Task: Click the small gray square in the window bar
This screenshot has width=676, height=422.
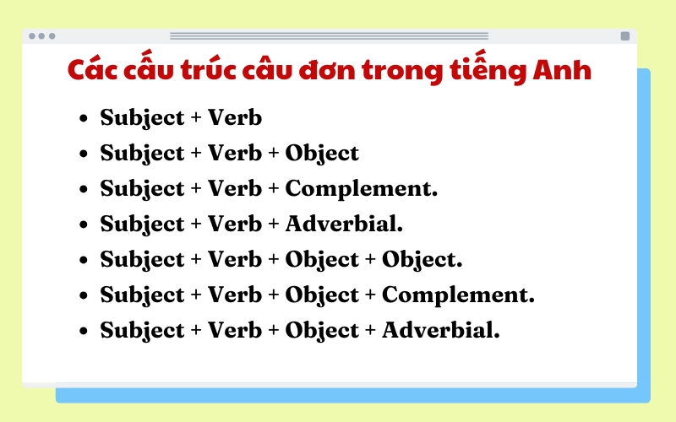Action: pyautogui.click(x=625, y=36)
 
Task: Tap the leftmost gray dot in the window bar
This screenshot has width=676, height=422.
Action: pyautogui.click(x=32, y=36)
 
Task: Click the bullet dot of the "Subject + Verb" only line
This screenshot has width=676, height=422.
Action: pyautogui.click(x=83, y=119)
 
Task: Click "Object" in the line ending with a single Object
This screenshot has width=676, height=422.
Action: pyautogui.click(x=322, y=154)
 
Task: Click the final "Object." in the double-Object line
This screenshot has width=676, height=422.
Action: pyautogui.click(x=422, y=260)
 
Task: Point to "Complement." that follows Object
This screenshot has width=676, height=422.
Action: pyautogui.click(x=458, y=295)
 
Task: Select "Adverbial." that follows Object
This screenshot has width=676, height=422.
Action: pyautogui.click(x=441, y=331)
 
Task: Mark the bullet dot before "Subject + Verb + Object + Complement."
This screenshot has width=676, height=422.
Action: pyautogui.click(x=83, y=296)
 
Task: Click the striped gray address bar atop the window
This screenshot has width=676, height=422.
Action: pyautogui.click(x=330, y=36)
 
